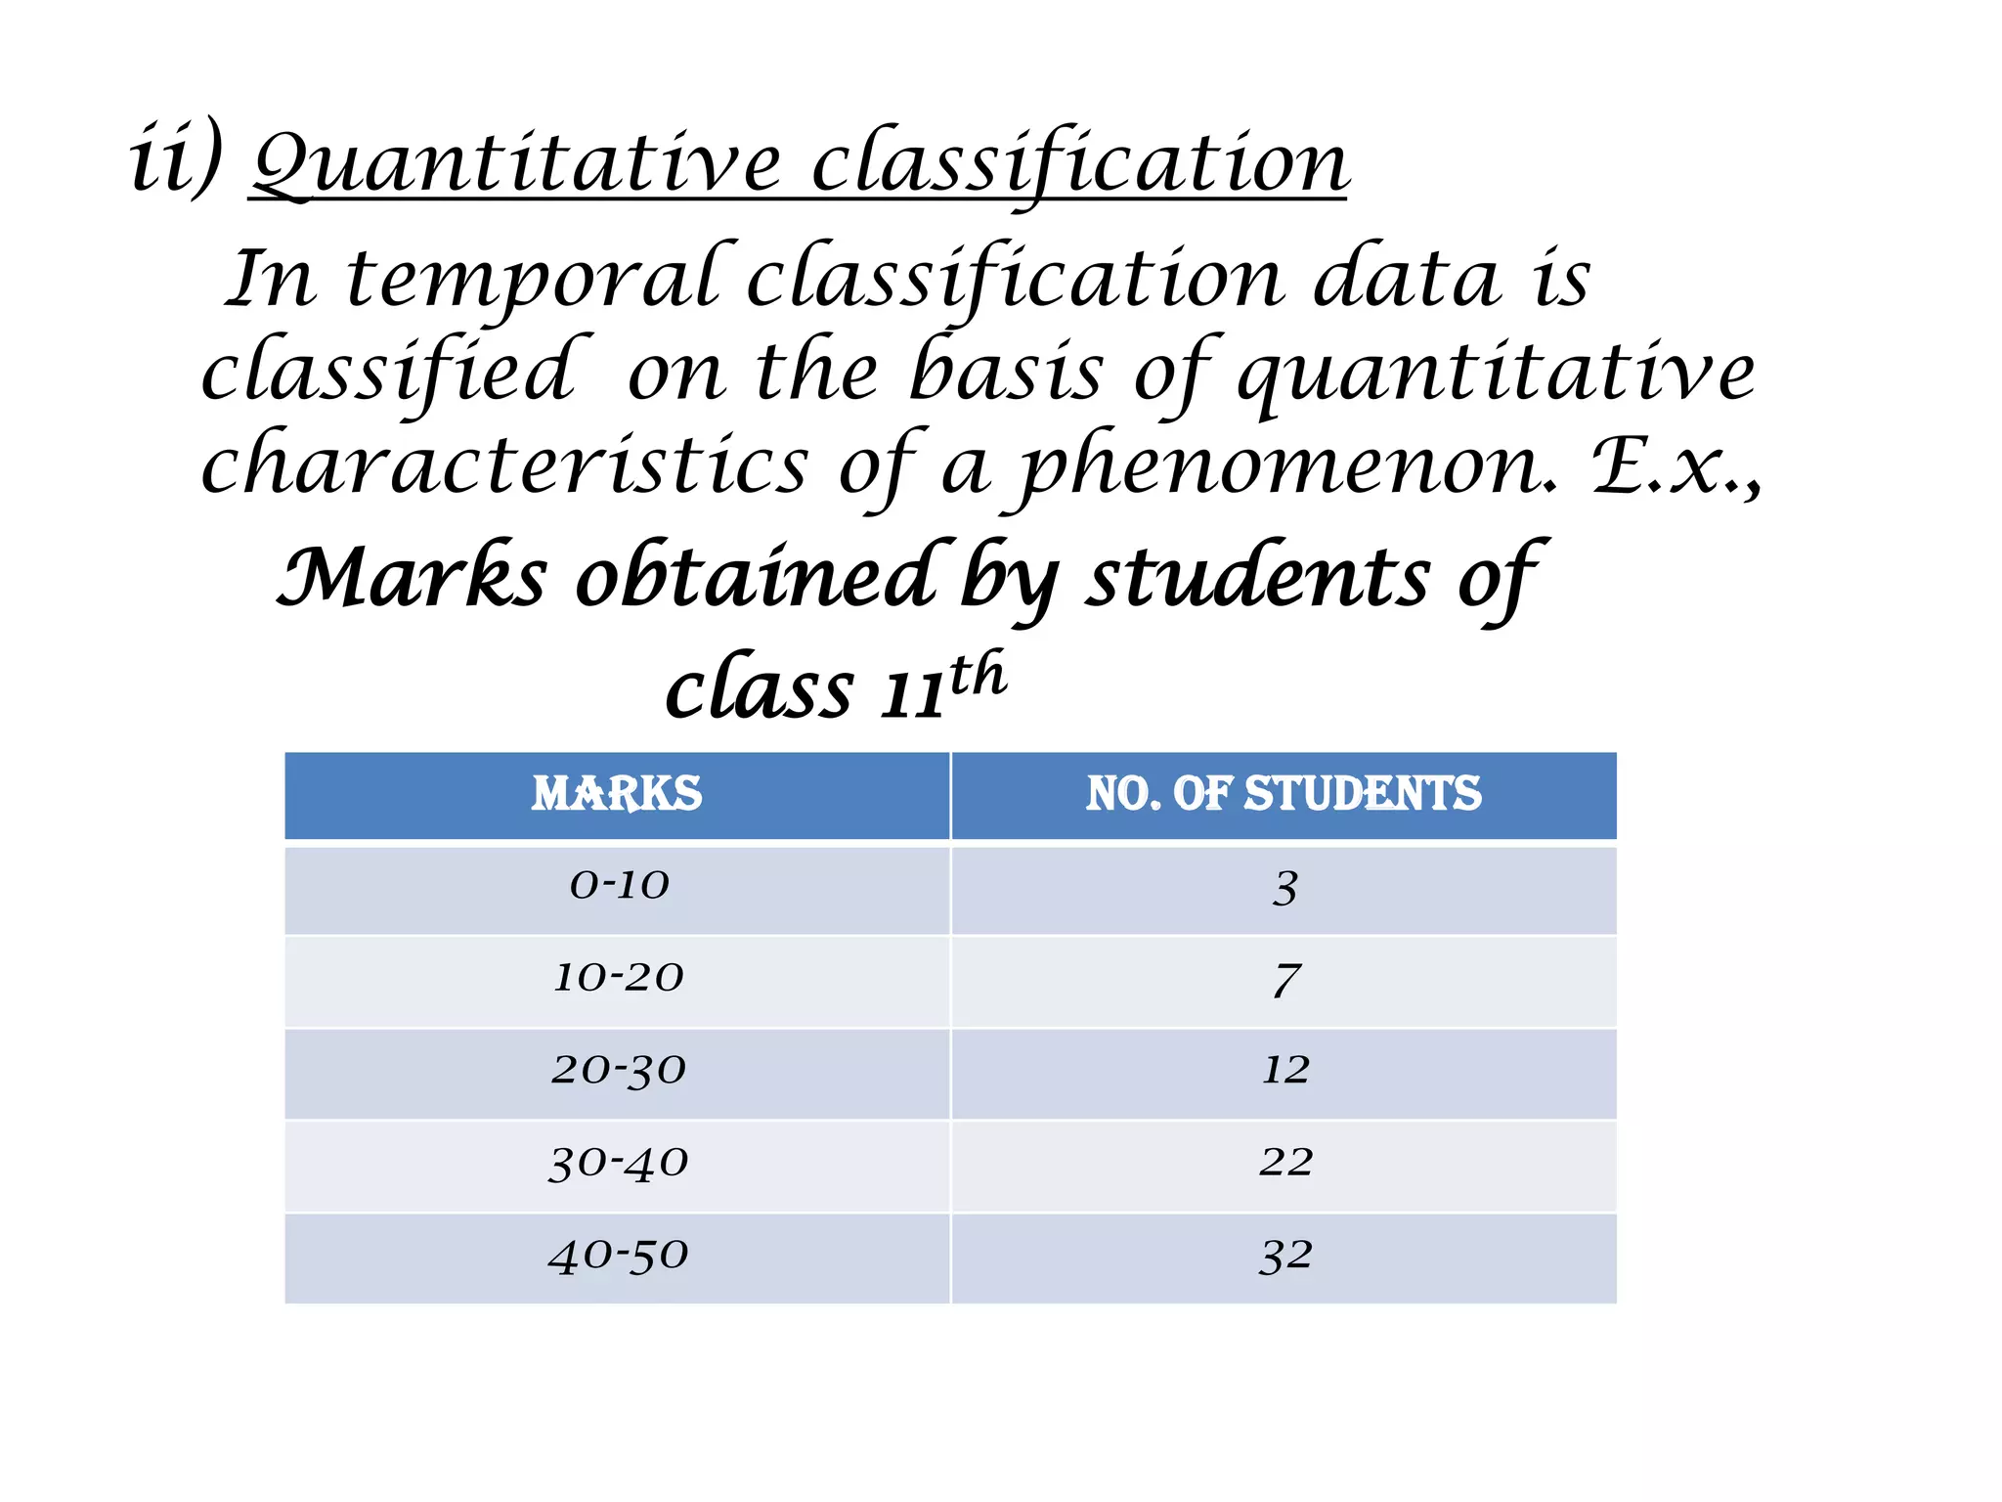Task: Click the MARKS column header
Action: coord(617,794)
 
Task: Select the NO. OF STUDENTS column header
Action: coord(1284,794)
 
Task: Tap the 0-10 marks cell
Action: coord(619,886)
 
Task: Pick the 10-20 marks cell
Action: coord(619,978)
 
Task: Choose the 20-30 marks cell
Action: coord(619,1071)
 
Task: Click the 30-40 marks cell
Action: coord(619,1164)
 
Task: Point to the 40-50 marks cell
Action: coord(619,1256)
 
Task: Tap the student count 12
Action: coord(1285,1071)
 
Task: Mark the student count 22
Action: coord(1285,1163)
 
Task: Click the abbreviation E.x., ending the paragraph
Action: coord(1677,467)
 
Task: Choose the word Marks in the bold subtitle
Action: coord(412,579)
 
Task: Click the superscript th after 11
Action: coord(977,676)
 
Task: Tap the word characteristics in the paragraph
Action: coord(504,467)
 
